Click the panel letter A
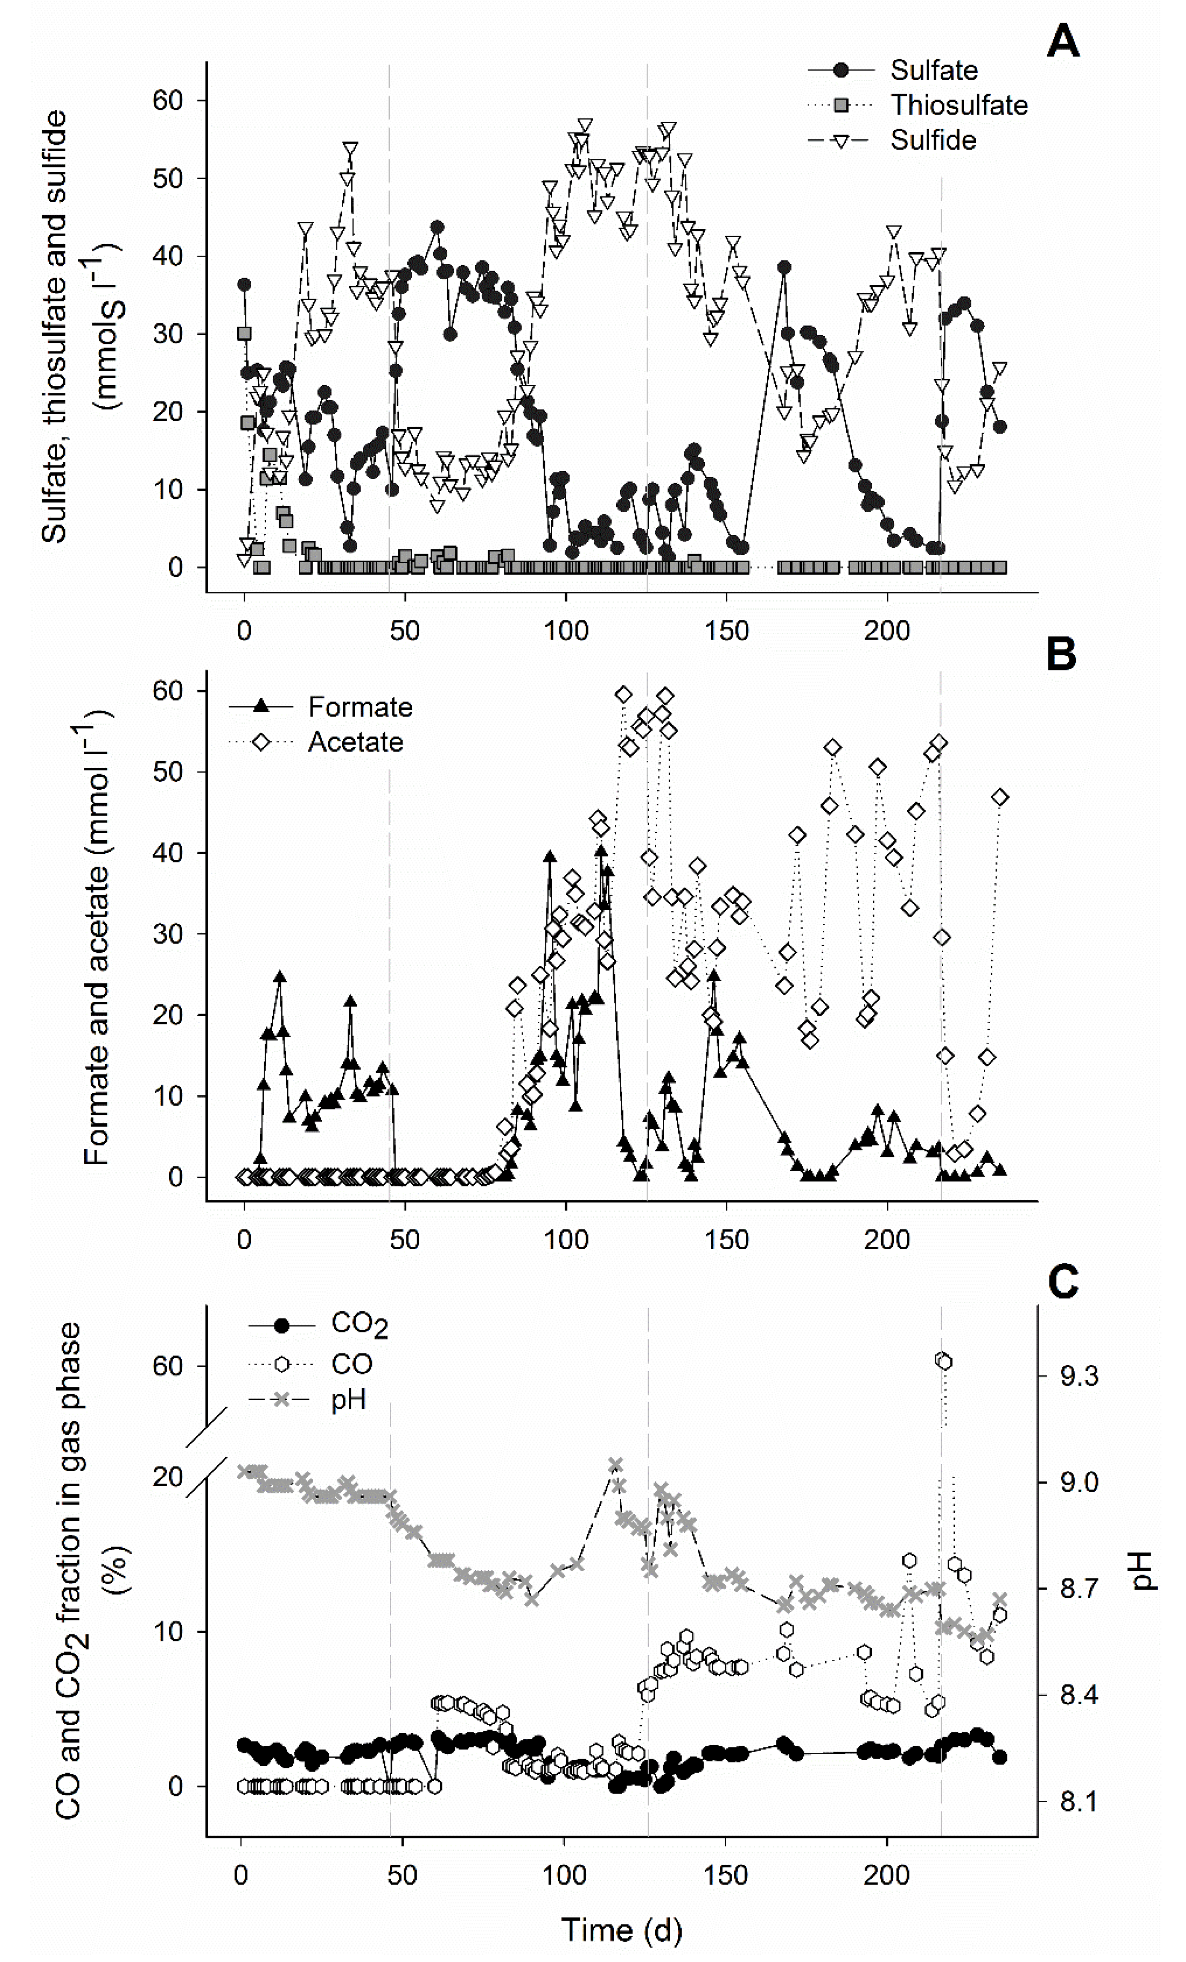point(1062,41)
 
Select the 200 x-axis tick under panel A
point(887,631)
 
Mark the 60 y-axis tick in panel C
point(168,1366)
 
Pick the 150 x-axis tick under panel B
point(726,1240)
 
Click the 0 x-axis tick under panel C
point(241,1876)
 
